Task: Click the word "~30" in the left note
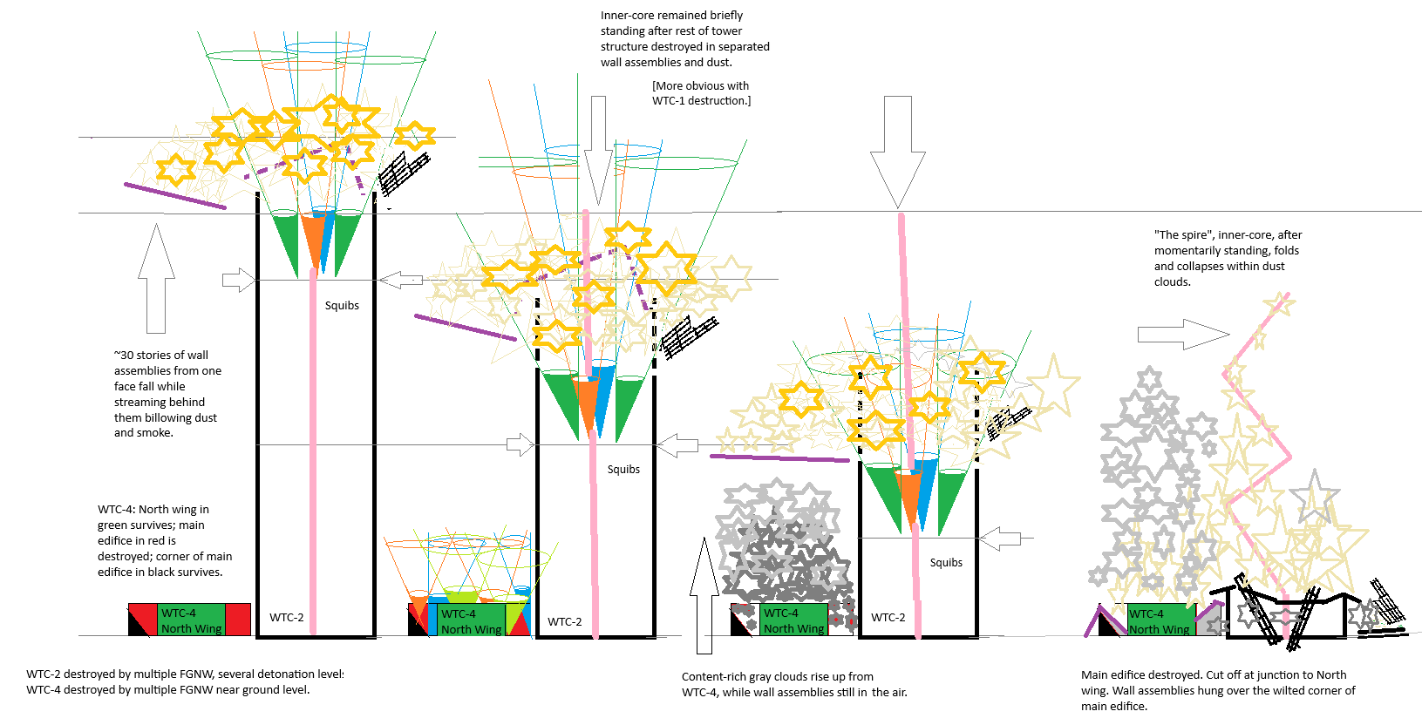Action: [x=124, y=356]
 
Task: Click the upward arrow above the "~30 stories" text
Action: [x=156, y=278]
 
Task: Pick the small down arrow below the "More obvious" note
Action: [x=598, y=149]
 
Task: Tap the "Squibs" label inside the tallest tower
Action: [x=342, y=306]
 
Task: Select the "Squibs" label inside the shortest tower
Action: [x=946, y=563]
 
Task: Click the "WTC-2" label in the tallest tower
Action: [x=286, y=618]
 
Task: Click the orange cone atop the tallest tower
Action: [x=312, y=241]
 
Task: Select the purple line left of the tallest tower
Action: [x=174, y=195]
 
